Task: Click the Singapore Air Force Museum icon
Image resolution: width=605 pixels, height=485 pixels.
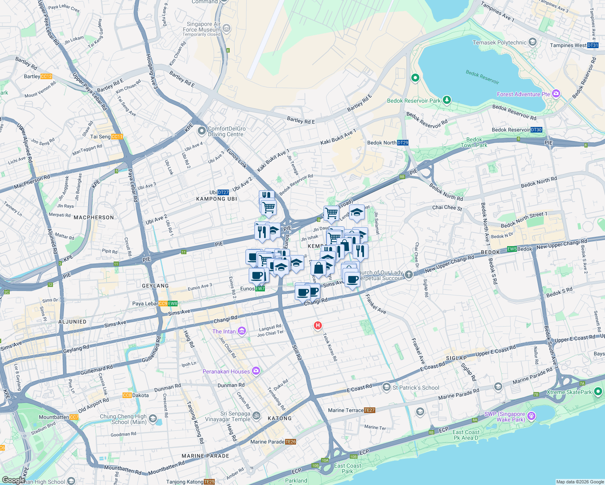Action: (226, 28)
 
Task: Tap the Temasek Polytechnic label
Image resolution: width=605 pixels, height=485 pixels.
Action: (499, 42)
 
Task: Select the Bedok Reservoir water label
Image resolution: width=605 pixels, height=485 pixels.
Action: (482, 77)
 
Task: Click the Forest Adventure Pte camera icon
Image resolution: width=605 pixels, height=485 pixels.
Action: (556, 94)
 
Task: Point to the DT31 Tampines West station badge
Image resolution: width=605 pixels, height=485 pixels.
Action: (592, 45)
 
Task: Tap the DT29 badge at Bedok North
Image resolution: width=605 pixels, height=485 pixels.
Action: (403, 143)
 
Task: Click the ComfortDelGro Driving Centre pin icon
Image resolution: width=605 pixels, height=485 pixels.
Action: (201, 131)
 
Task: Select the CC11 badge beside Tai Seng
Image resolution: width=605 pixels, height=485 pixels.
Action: (117, 137)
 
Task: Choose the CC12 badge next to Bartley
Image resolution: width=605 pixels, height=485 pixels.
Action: (46, 76)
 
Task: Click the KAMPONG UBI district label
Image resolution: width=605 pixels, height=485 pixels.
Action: (216, 199)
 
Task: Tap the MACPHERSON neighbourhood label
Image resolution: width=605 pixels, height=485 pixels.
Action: (94, 217)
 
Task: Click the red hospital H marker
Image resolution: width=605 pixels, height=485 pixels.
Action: (318, 325)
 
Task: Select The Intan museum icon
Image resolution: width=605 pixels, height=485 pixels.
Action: (242, 331)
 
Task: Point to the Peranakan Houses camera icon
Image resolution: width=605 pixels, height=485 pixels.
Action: (256, 371)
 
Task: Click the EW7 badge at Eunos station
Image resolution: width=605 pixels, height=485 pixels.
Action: (260, 289)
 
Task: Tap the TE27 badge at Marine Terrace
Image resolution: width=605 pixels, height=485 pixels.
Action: (370, 410)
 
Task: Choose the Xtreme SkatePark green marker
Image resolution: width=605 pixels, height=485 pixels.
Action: (598, 392)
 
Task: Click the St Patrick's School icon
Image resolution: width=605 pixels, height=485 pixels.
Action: (387, 388)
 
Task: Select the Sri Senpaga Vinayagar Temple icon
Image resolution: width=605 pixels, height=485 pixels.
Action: (256, 416)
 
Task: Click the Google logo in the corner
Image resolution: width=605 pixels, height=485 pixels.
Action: (13, 480)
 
